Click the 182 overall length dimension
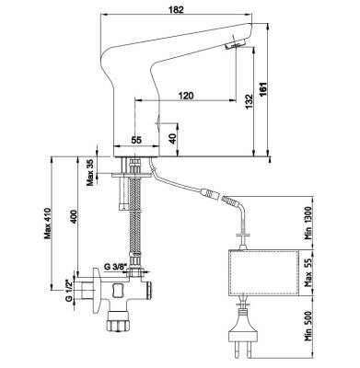click(x=176, y=9)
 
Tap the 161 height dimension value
click(x=262, y=89)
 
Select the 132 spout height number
click(x=250, y=101)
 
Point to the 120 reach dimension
click(x=186, y=96)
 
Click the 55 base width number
click(x=136, y=140)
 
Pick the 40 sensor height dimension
click(x=173, y=139)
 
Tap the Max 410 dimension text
click(x=47, y=223)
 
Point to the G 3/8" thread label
click(x=115, y=267)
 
